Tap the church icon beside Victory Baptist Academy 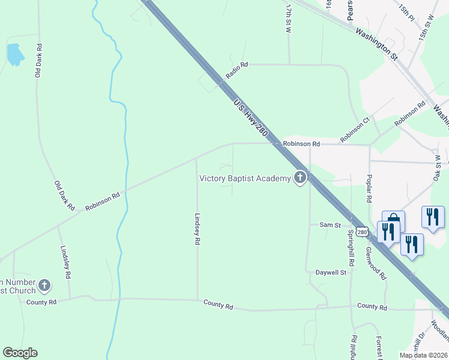300,178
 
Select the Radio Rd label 237,70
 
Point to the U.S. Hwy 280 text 250,119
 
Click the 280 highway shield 361,232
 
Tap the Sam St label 330,225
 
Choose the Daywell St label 331,272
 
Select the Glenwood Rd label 376,261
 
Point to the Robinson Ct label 355,130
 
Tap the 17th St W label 289,17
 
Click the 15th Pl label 406,13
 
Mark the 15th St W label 426,28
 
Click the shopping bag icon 393,220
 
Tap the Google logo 20,353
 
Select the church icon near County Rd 44,285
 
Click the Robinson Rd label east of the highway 301,144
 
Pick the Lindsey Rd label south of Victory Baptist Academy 197,230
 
